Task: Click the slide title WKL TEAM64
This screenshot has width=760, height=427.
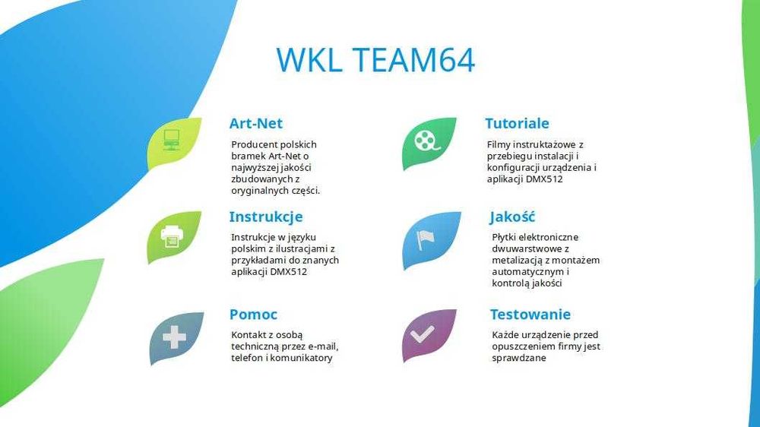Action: coord(375,60)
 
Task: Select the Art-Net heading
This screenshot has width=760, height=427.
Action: coord(256,123)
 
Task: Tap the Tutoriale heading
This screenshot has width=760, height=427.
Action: coord(517,123)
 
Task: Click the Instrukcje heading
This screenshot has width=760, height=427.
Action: coord(266,217)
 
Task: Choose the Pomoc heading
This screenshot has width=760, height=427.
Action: coord(253,314)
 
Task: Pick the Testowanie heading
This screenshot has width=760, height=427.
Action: coord(530,314)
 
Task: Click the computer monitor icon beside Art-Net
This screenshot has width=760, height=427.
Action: coord(172,140)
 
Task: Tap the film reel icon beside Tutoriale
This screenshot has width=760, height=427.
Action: coord(426,141)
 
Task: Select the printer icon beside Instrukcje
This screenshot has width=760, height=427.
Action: coord(173,236)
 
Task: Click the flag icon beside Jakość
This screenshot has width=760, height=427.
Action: coord(426,239)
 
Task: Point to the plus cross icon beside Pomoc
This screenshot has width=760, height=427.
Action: coord(174,337)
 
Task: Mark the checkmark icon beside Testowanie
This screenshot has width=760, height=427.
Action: coord(423,334)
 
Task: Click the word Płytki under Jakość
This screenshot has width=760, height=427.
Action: coord(506,237)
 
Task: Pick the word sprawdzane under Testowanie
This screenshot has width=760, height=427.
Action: coord(519,358)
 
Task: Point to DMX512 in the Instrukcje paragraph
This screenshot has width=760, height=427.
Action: coord(289,271)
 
